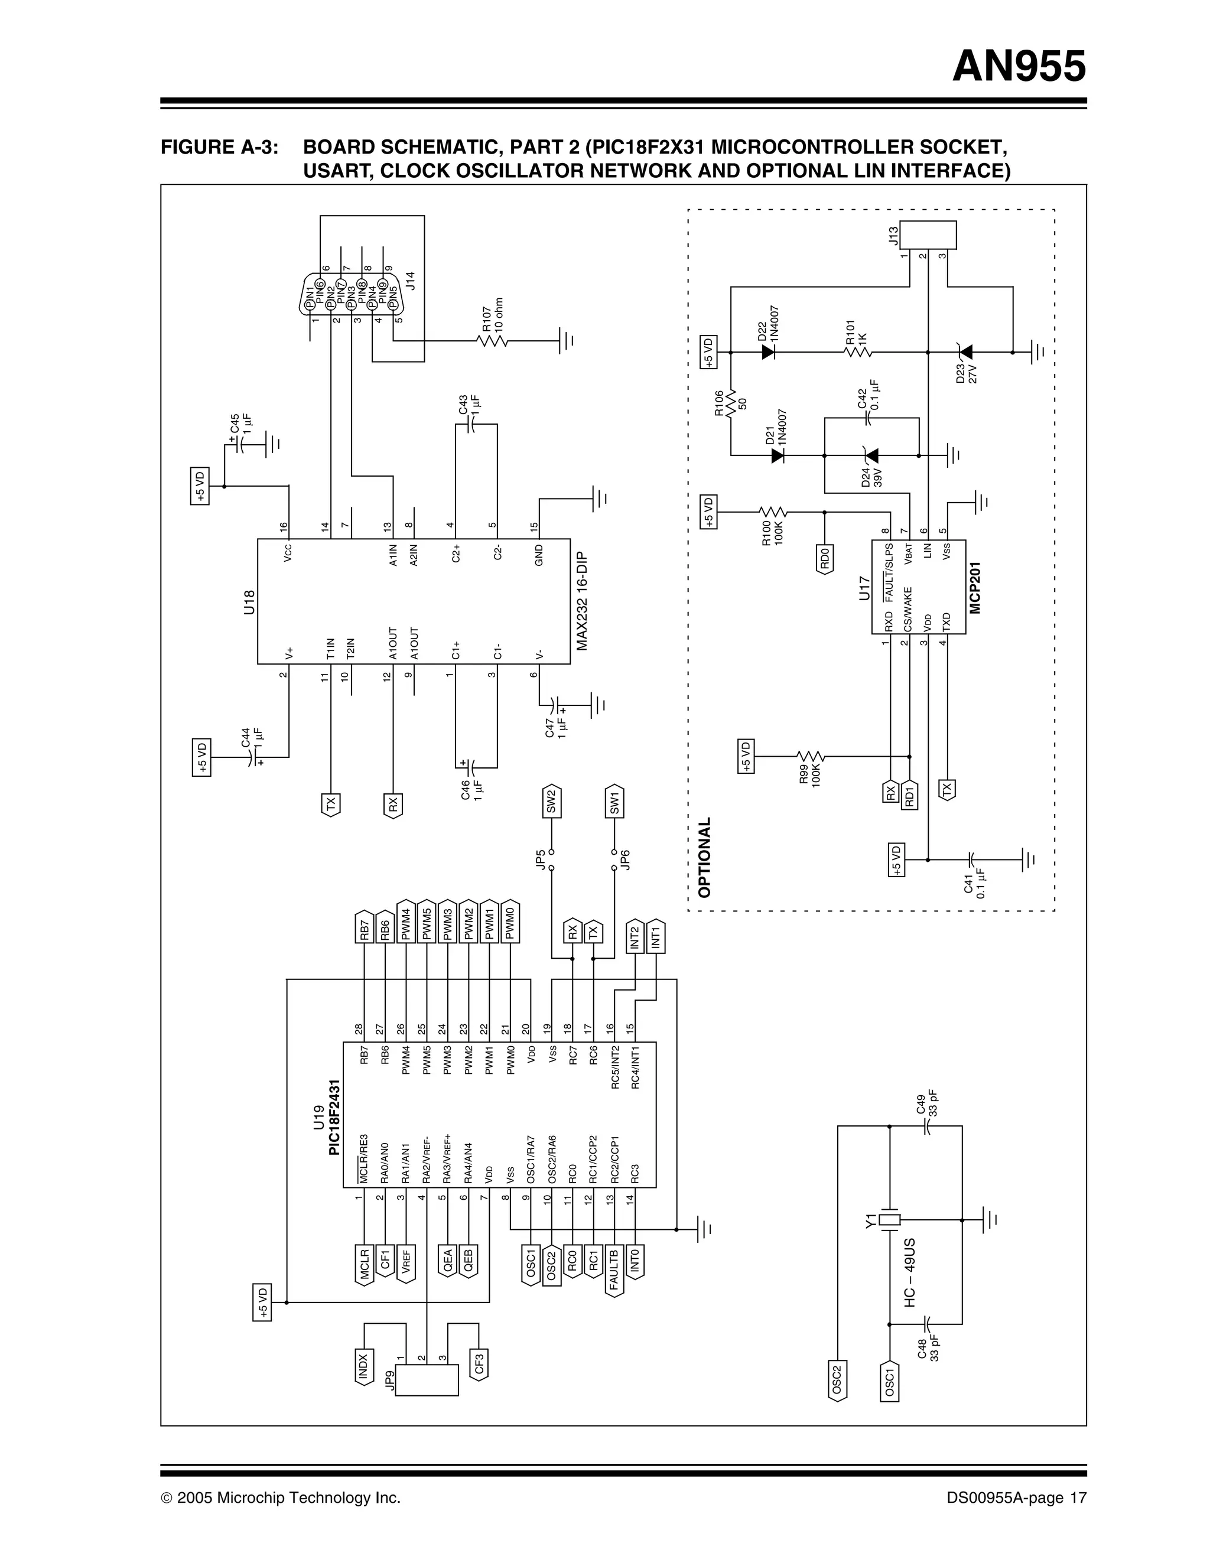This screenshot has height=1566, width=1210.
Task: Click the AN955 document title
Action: click(x=1019, y=67)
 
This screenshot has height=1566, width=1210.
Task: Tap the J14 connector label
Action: click(x=410, y=279)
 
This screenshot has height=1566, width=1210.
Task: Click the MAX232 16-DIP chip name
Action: click(x=582, y=601)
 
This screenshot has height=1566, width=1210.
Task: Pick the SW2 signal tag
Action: click(x=551, y=802)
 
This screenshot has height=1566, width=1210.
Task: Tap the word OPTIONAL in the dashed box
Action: click(x=704, y=857)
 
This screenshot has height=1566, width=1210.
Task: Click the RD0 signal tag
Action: click(x=825, y=558)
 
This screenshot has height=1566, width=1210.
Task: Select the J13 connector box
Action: click(x=928, y=234)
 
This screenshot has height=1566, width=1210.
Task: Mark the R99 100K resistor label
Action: click(x=810, y=774)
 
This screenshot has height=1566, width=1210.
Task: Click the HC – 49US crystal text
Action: click(x=910, y=1273)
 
